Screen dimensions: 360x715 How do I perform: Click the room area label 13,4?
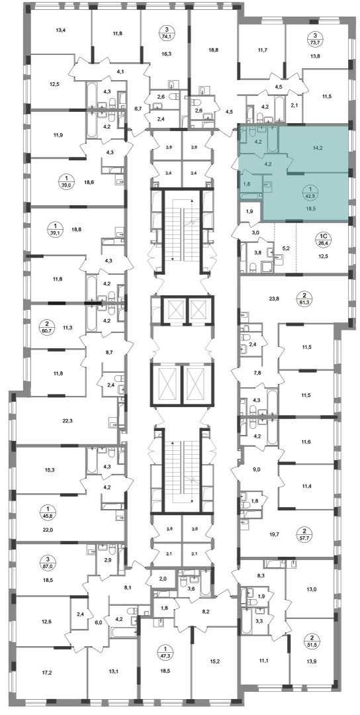point(61,31)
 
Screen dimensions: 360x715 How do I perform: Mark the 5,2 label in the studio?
point(285,248)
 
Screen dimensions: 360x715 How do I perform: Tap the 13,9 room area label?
point(312,658)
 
